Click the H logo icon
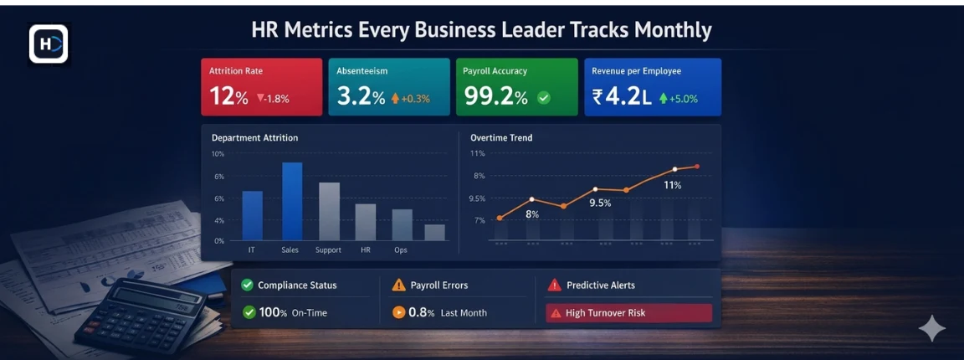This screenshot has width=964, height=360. [x=49, y=44]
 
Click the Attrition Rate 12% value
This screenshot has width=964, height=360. [x=228, y=96]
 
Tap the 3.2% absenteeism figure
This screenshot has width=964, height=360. [x=361, y=96]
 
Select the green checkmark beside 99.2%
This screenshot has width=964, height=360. [x=544, y=98]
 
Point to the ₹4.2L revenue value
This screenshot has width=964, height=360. [x=622, y=96]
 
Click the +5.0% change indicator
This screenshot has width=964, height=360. [x=679, y=98]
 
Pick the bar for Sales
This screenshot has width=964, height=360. [x=292, y=201]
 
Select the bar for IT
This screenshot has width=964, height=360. [x=253, y=215]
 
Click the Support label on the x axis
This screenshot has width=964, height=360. [x=328, y=250]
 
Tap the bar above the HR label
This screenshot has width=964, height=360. [x=366, y=222]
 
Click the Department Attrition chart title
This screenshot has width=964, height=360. [x=254, y=137]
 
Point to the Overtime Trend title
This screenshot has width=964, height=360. [x=501, y=137]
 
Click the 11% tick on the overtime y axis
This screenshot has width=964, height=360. [x=478, y=154]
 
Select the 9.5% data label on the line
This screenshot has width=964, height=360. [x=600, y=203]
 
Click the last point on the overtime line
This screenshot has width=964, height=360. [x=697, y=167]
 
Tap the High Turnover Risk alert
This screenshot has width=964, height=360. [x=628, y=313]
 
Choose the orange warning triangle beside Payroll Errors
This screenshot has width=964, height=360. [x=398, y=285]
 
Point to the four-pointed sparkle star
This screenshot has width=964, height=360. [x=932, y=329]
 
